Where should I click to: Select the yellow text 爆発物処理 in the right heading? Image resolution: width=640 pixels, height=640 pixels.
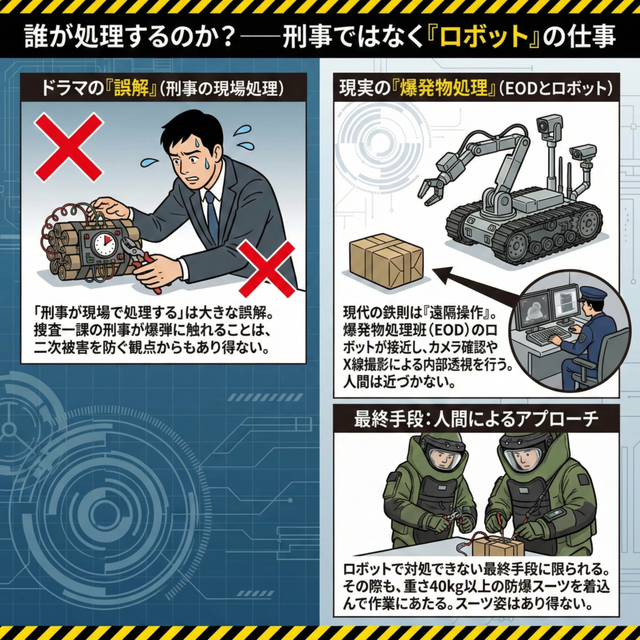(x=444, y=88)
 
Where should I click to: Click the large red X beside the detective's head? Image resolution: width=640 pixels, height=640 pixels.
(x=69, y=147)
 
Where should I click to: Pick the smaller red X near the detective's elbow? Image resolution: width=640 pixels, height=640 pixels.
(x=267, y=269)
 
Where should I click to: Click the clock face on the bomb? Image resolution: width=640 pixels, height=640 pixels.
(x=105, y=244)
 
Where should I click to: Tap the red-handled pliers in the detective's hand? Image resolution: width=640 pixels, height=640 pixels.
(x=139, y=259)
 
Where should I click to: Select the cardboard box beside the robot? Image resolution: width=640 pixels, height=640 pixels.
(x=386, y=261)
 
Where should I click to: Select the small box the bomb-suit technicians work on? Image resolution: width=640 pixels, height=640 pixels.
(x=497, y=546)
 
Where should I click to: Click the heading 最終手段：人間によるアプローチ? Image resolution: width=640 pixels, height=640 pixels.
(x=476, y=419)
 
